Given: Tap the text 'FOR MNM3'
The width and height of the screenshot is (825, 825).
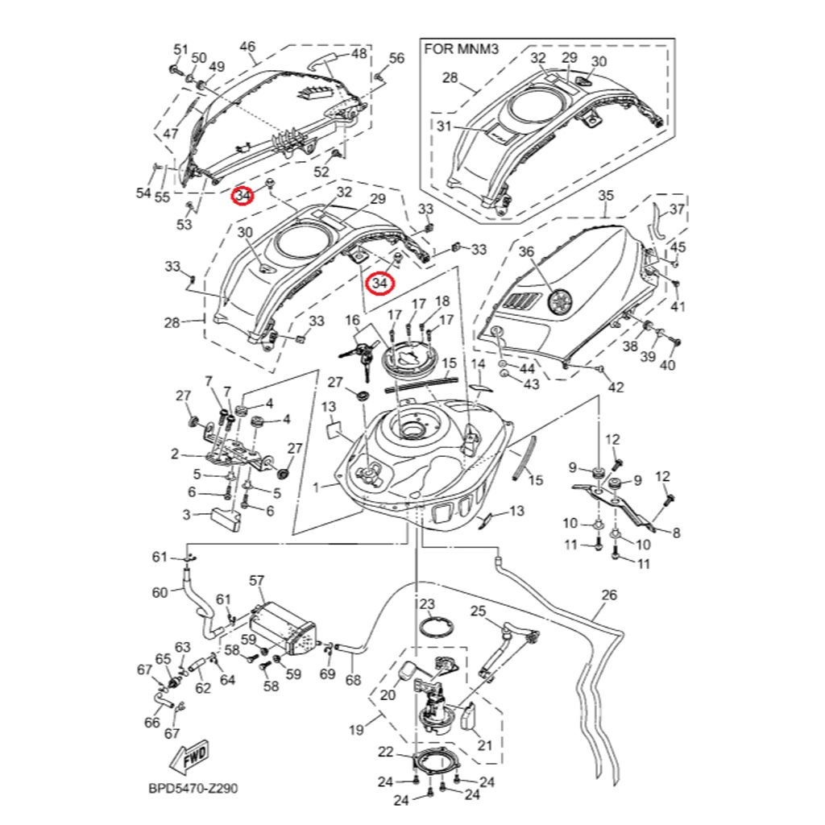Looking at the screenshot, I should click(462, 49).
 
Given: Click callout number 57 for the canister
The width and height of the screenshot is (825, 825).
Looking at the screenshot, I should click(257, 581).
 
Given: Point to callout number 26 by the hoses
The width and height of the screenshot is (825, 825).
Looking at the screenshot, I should click(609, 596).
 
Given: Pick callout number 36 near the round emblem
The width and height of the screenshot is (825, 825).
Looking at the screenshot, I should click(526, 252).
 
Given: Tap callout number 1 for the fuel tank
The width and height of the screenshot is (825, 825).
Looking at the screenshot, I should click(315, 487).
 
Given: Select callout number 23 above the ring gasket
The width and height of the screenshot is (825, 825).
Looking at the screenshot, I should click(427, 604).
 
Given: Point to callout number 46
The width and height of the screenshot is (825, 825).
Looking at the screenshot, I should click(247, 46).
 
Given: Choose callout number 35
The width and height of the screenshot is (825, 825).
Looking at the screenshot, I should click(606, 196).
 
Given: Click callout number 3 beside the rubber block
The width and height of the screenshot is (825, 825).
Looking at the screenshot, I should click(186, 514).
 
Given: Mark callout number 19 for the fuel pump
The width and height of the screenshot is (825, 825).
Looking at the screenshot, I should click(356, 731).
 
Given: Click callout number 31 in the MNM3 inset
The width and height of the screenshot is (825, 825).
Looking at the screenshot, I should click(445, 126).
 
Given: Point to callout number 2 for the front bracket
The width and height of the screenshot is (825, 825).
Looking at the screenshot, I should click(175, 454).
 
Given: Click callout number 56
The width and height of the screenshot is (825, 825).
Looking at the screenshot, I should click(396, 57).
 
